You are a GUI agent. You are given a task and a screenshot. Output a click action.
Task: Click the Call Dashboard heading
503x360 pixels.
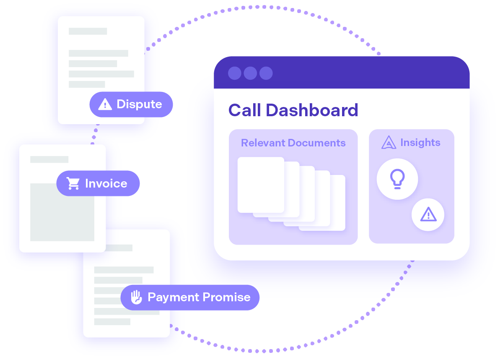point(293,110)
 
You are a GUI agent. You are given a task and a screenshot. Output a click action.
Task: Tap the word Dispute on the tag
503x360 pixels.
point(139,104)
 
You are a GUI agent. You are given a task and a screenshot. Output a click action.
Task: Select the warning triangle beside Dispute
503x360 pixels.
point(105,104)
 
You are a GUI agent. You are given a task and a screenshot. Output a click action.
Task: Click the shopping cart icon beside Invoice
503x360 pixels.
point(73,183)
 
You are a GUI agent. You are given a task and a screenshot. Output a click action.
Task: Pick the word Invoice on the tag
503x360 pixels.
point(106,183)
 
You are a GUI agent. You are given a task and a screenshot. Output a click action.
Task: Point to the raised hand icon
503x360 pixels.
point(136,297)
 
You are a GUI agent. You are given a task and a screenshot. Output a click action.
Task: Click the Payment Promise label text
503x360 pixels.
point(199,297)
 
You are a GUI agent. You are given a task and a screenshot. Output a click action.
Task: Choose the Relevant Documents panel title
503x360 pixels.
point(293,143)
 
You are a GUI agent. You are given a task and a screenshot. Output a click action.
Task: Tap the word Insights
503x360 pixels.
point(420,143)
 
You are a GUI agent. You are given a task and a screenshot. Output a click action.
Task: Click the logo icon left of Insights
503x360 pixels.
point(389,143)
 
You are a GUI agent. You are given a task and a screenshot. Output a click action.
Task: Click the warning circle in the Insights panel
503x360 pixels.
point(428,215)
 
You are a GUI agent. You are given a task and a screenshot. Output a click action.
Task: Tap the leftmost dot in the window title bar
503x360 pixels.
point(235,73)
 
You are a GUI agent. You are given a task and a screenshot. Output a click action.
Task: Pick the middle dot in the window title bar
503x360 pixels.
point(250,73)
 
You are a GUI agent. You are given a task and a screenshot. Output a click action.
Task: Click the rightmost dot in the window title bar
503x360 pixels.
point(266,73)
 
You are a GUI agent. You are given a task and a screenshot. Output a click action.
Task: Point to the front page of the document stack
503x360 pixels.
point(260,185)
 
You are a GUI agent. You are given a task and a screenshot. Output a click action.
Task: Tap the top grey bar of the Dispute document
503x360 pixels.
point(88,31)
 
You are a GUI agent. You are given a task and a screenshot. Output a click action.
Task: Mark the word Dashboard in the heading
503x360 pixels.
point(311,110)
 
